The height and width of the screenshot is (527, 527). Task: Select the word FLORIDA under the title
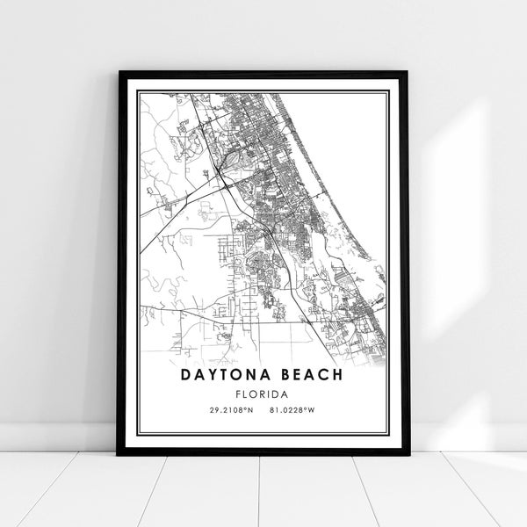tap(263, 393)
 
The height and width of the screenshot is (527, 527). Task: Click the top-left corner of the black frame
tap(119, 73)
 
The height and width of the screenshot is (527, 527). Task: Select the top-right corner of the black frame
tap(408, 73)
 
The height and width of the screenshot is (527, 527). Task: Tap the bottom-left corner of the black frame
tap(119, 454)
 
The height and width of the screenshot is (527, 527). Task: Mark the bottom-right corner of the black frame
tap(408, 454)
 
